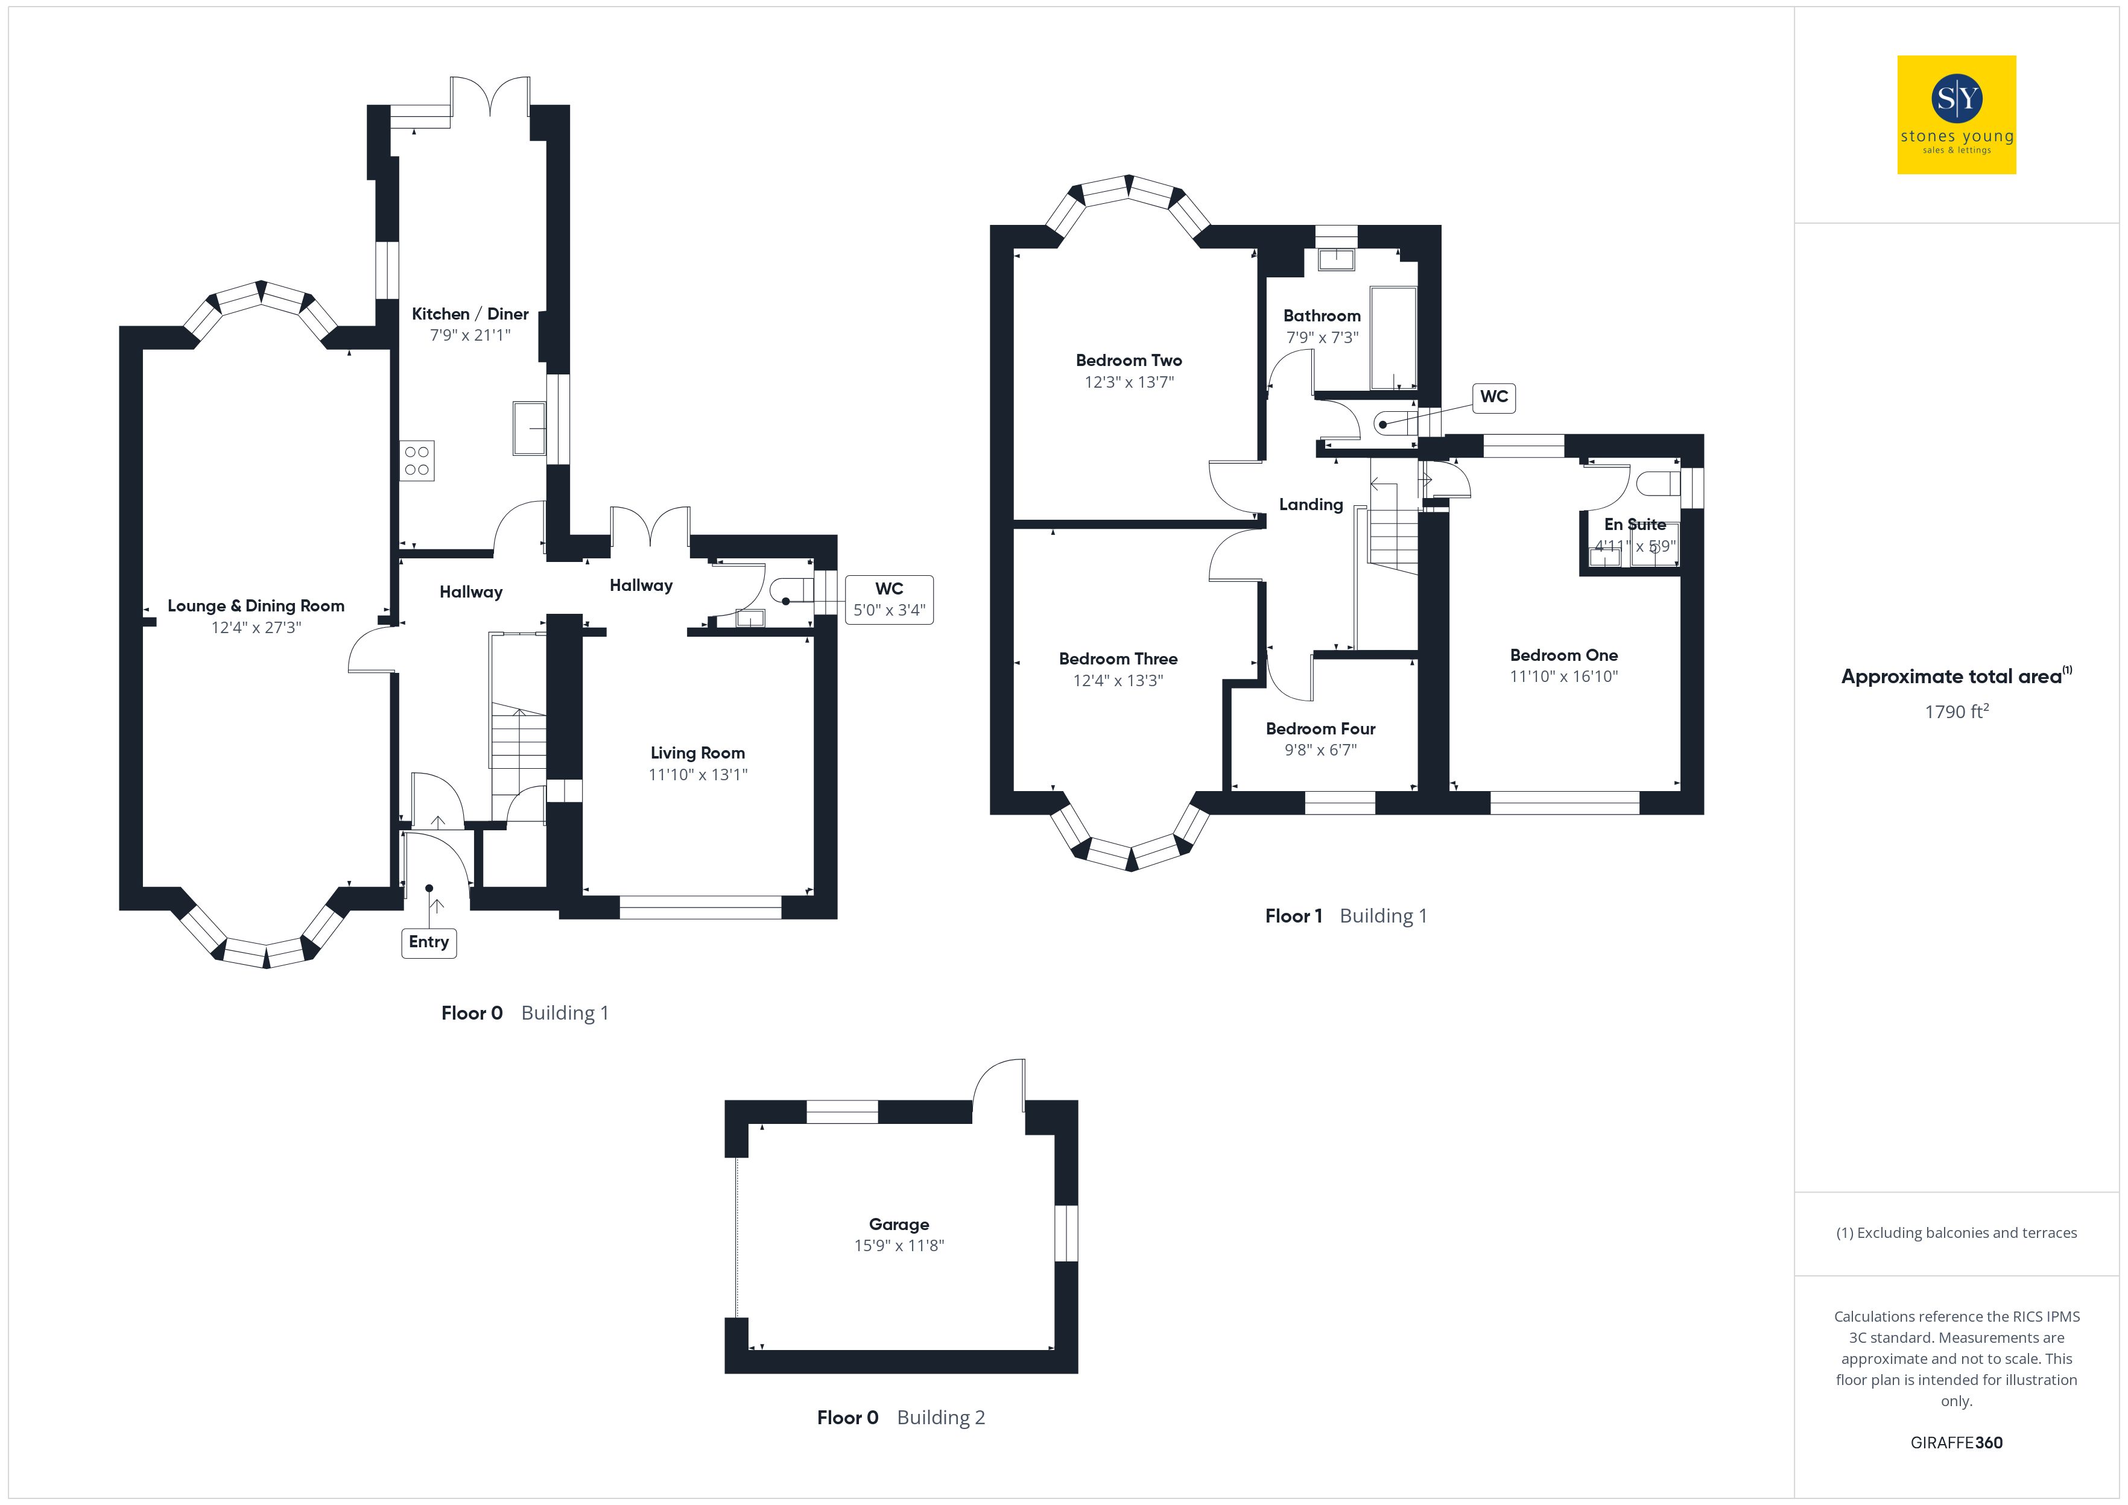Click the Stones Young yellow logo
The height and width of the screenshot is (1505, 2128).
(1957, 115)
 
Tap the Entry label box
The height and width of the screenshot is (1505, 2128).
(428, 942)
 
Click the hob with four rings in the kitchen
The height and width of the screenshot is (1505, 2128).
(417, 461)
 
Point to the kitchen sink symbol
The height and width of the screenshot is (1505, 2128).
(529, 428)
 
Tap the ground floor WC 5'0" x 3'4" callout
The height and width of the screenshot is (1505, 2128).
(889, 599)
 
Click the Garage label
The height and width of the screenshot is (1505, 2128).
(899, 1224)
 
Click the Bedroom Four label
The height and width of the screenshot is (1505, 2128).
(1321, 728)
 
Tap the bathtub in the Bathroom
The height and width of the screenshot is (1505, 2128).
(1393, 338)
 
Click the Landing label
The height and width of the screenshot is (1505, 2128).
(1311, 504)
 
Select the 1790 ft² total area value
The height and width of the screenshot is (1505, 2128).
(1957, 711)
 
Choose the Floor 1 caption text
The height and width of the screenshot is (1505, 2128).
(1294, 916)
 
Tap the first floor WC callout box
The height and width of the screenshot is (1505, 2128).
(1494, 397)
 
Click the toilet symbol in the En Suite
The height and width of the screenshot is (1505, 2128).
(1659, 484)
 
